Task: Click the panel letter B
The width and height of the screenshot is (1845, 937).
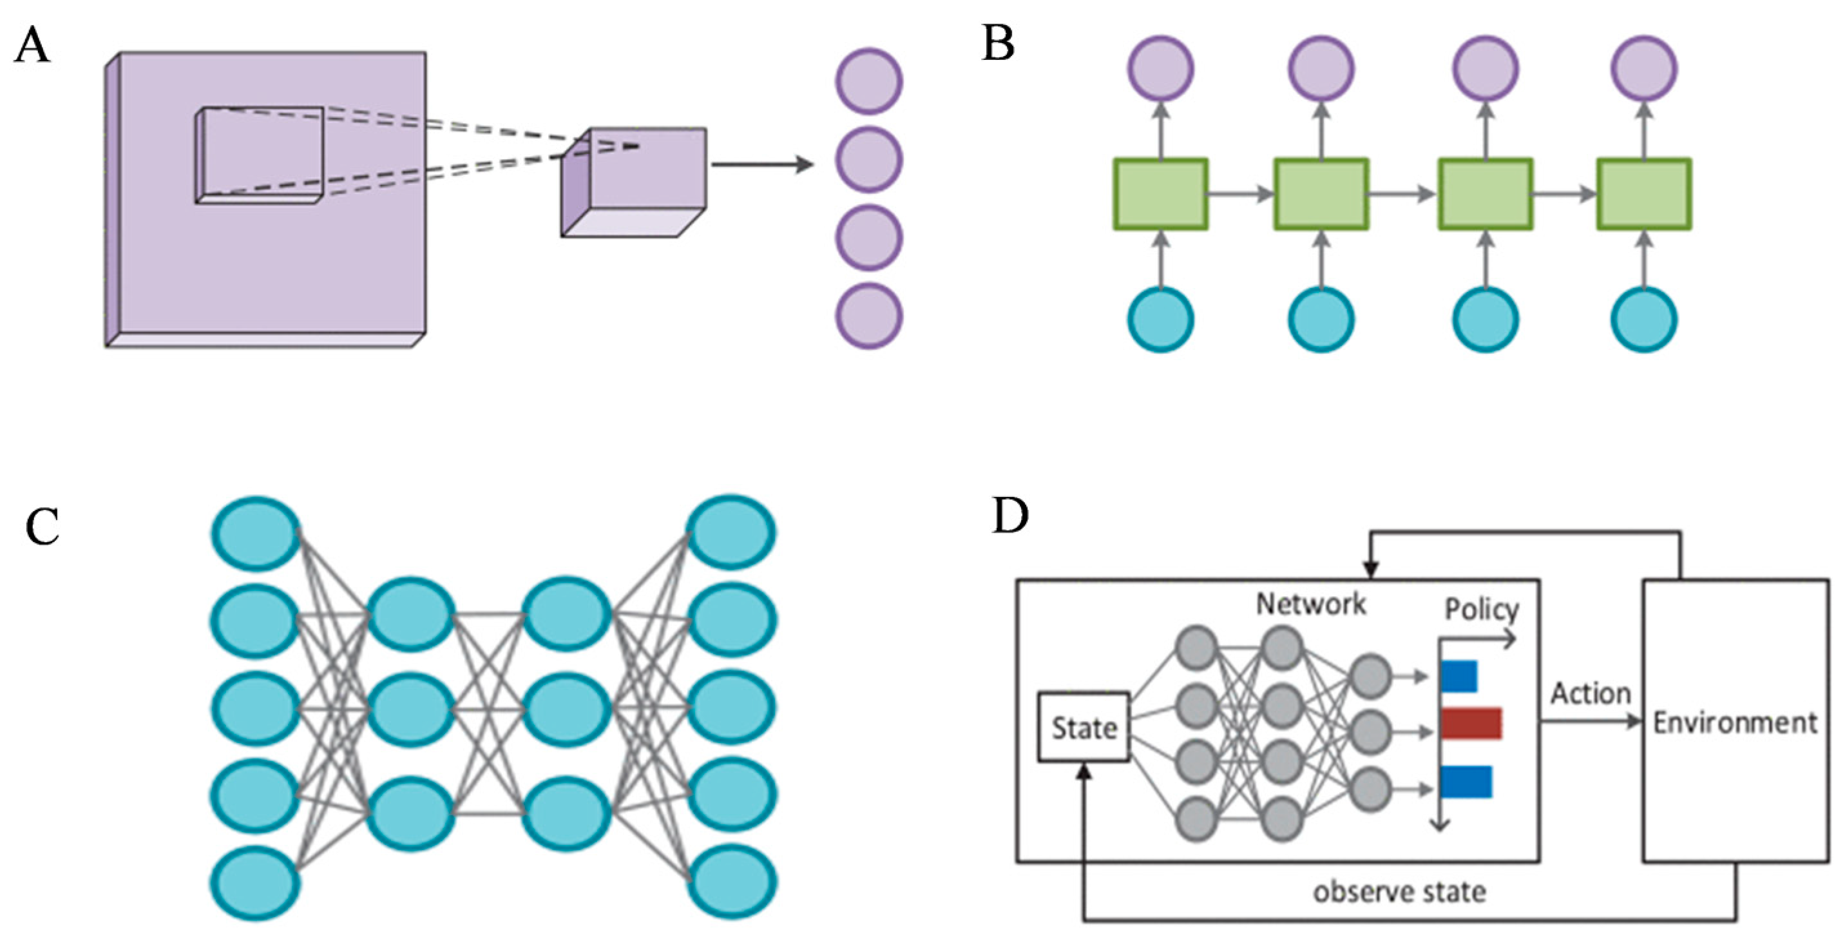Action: tap(999, 43)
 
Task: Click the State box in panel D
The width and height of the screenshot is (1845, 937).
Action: tap(1084, 728)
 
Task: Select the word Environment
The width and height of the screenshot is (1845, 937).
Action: tap(1735, 723)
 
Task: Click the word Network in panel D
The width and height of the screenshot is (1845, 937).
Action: tap(1311, 604)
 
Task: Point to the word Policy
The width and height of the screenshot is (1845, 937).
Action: tap(1481, 610)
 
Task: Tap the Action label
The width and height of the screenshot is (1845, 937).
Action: tap(1591, 693)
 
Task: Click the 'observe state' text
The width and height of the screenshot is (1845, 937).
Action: tap(1399, 892)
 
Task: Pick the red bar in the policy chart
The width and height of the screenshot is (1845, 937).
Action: tap(1471, 724)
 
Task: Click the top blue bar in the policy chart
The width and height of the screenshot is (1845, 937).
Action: tap(1459, 676)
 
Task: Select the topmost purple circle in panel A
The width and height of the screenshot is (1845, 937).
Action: tap(869, 81)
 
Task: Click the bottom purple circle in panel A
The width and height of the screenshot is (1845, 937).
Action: tap(869, 316)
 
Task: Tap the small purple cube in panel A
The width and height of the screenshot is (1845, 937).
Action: tap(634, 182)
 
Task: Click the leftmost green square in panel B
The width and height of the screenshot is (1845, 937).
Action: tap(1161, 194)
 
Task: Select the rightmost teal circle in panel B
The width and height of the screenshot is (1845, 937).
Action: tap(1644, 319)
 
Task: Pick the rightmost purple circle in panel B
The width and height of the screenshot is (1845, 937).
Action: tap(1644, 69)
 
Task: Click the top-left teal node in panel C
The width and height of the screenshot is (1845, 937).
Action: tap(256, 534)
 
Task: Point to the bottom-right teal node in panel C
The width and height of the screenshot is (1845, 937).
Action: tap(731, 881)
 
